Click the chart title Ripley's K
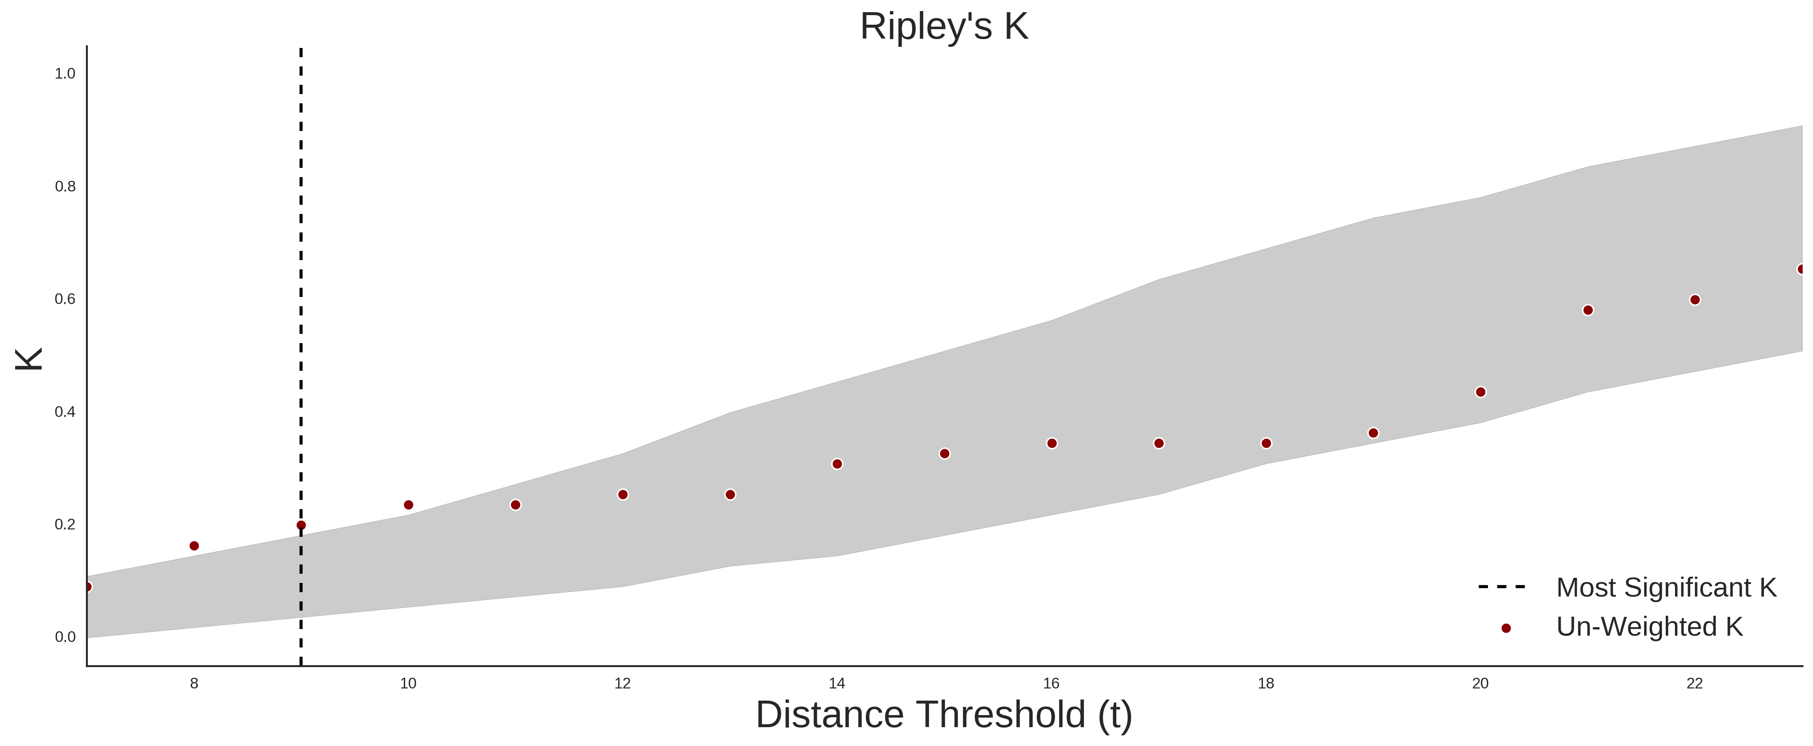tap(944, 27)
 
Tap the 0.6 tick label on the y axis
tap(65, 299)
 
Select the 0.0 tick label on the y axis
tap(65, 637)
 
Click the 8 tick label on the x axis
tap(194, 683)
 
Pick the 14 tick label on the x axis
tap(837, 683)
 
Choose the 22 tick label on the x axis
tap(1695, 683)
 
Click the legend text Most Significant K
tap(1666, 588)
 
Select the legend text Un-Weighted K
tap(1649, 626)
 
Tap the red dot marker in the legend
tap(1505, 628)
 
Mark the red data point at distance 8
tap(194, 546)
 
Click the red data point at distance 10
tap(408, 505)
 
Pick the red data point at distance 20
tap(1480, 392)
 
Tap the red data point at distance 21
tap(1588, 310)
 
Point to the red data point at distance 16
tap(1051, 443)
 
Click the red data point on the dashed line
tap(301, 525)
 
